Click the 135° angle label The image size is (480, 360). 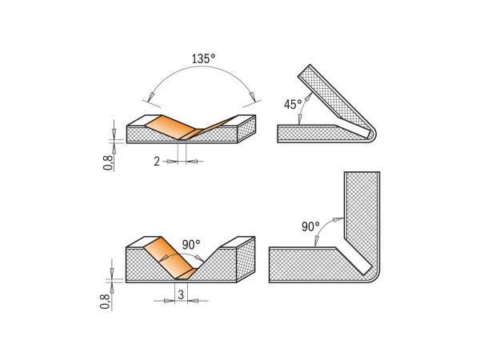[203, 59]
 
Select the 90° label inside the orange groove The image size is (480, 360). [190, 245]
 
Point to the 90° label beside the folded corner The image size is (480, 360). [310, 227]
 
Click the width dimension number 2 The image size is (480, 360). [157, 161]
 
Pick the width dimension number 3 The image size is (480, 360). [182, 294]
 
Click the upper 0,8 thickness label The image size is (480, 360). [108, 162]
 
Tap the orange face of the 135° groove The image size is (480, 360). [168, 126]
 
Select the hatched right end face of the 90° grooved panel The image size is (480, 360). [247, 259]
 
